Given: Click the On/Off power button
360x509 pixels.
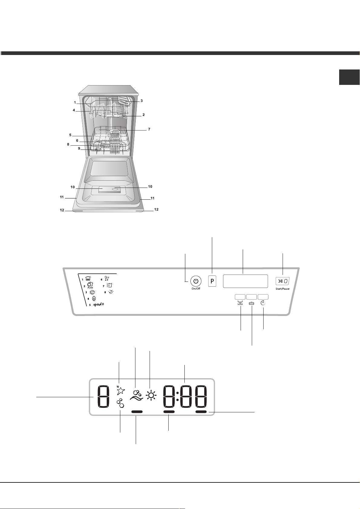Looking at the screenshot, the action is point(196,281).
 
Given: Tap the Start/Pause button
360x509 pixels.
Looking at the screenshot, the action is point(282,281).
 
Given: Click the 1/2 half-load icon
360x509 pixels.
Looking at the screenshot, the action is point(240,303).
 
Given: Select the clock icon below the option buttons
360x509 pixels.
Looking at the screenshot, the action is point(263,303).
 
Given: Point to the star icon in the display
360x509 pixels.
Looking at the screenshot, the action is point(120,390).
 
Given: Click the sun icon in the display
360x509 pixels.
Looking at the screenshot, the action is point(151,396).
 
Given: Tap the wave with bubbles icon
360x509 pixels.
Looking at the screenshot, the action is point(136,395).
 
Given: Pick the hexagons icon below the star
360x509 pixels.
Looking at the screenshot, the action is point(120,404).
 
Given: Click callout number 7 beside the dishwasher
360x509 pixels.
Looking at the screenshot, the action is point(149,129).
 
